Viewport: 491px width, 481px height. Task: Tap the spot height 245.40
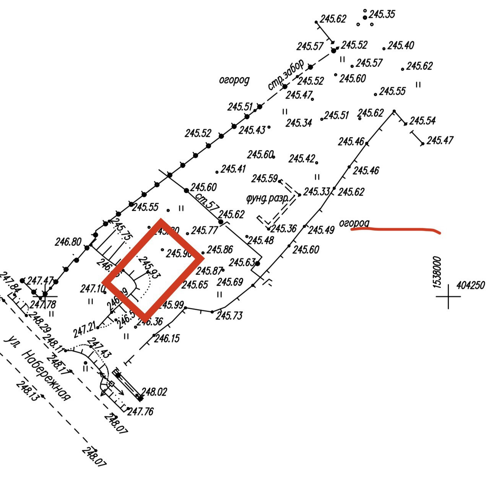(400, 45)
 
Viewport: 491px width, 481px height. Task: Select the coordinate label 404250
(470, 285)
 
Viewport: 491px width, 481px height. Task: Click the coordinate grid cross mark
(449, 296)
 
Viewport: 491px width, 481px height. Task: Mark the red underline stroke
(396, 230)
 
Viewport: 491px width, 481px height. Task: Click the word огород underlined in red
(354, 223)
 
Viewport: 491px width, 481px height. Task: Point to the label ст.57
(206, 201)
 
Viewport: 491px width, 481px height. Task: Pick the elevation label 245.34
(299, 123)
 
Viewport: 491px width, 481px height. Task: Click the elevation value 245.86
(219, 250)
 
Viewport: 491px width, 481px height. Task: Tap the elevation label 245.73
(229, 316)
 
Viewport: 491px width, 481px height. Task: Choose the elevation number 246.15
(167, 338)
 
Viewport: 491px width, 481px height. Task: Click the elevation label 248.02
(154, 392)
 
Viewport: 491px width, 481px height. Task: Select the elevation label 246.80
(68, 242)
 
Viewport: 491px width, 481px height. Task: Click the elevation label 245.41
(233, 169)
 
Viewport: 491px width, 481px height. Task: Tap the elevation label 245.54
(422, 121)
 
